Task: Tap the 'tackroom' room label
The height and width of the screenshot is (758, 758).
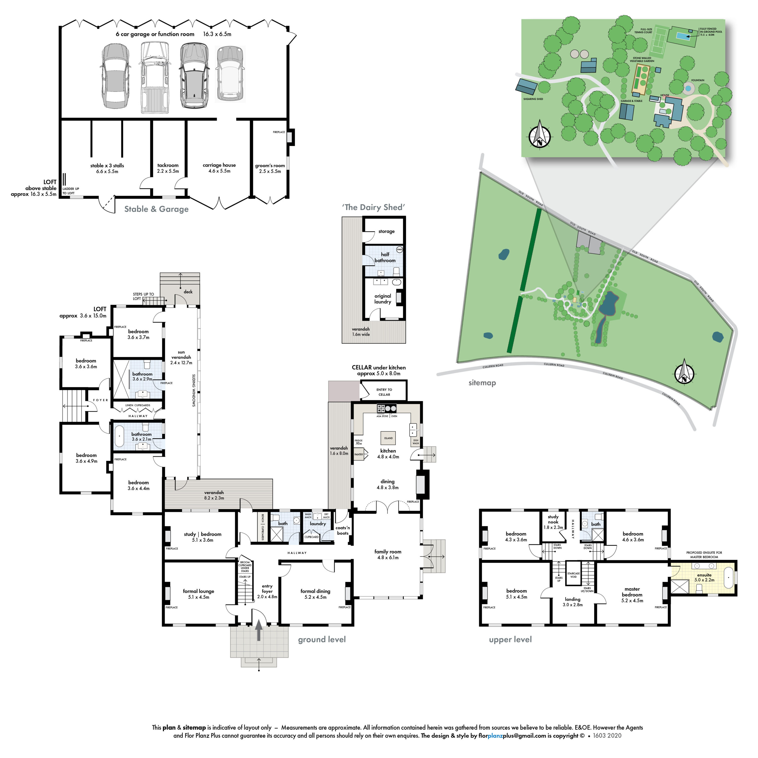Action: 168,165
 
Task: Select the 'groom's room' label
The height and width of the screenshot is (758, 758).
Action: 270,166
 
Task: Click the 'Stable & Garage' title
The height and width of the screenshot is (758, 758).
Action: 156,209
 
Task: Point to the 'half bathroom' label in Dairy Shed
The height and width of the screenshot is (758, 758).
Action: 385,257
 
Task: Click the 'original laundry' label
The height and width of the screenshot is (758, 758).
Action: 383,299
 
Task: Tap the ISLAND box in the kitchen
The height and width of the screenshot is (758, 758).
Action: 388,438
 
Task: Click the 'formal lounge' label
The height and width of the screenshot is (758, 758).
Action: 198,591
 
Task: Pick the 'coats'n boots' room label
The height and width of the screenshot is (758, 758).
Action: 342,530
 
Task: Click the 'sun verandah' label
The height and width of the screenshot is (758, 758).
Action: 181,355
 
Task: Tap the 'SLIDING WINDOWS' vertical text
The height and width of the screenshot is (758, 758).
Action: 194,390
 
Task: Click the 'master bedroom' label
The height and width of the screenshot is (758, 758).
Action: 632,592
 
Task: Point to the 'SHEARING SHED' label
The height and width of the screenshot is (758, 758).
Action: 533,99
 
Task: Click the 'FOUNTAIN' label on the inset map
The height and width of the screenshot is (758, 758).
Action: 698,80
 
